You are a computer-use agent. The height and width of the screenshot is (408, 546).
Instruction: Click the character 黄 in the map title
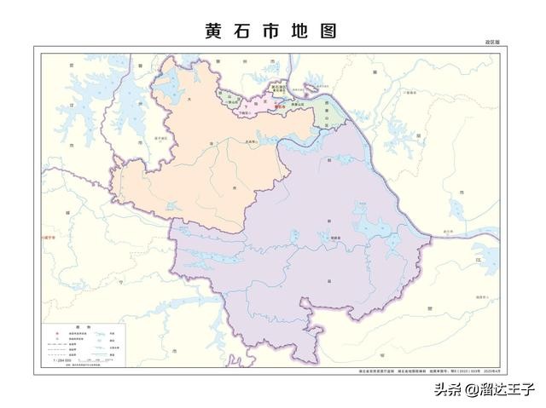point(213,31)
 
